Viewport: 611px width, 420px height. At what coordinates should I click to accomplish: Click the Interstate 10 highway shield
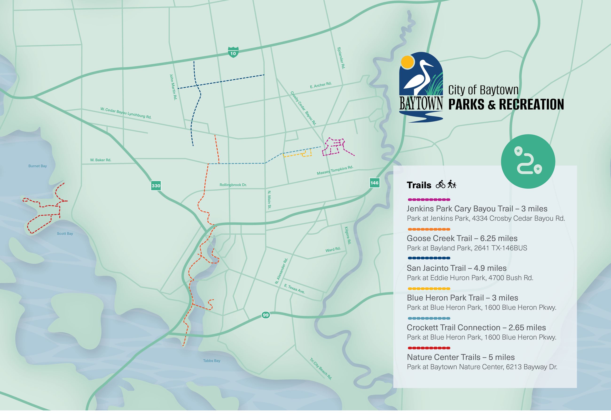click(x=233, y=52)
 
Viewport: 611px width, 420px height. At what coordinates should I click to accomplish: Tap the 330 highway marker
click(x=156, y=186)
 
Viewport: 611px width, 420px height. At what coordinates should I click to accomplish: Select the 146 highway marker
click(x=374, y=183)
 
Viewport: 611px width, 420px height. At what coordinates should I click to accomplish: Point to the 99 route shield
click(x=266, y=315)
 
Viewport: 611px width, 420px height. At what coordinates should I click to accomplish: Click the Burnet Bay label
click(x=38, y=166)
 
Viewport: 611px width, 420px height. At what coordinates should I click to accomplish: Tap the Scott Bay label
click(x=65, y=234)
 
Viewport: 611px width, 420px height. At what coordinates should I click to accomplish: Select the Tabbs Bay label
click(x=211, y=361)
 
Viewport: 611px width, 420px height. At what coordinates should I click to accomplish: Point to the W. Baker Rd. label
click(x=101, y=160)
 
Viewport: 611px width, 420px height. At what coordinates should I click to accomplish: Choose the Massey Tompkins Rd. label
click(x=335, y=170)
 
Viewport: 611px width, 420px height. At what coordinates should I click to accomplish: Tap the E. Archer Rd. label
click(x=321, y=85)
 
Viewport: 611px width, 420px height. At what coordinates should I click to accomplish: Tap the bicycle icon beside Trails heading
click(x=440, y=184)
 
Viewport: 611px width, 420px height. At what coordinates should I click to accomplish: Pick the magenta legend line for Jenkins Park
click(x=429, y=199)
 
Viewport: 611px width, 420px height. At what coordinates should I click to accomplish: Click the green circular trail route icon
click(x=528, y=162)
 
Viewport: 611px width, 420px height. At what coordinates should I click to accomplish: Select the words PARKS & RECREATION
click(x=506, y=105)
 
